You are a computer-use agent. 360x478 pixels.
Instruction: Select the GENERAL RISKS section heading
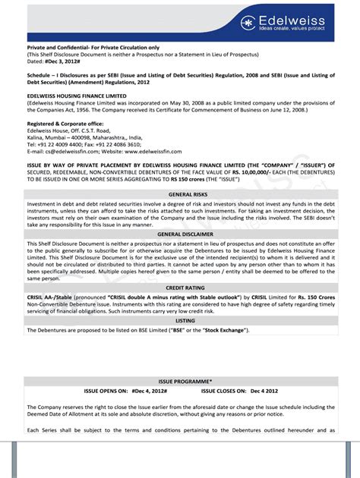(180, 195)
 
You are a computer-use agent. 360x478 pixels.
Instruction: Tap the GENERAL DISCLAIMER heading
(180, 234)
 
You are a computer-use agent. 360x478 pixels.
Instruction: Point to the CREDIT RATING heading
(180, 288)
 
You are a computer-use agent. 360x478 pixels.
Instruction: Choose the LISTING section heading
(180, 321)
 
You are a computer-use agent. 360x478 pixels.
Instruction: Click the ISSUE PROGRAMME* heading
(180, 380)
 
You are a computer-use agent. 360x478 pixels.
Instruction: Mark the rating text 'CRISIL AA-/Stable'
(51, 298)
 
